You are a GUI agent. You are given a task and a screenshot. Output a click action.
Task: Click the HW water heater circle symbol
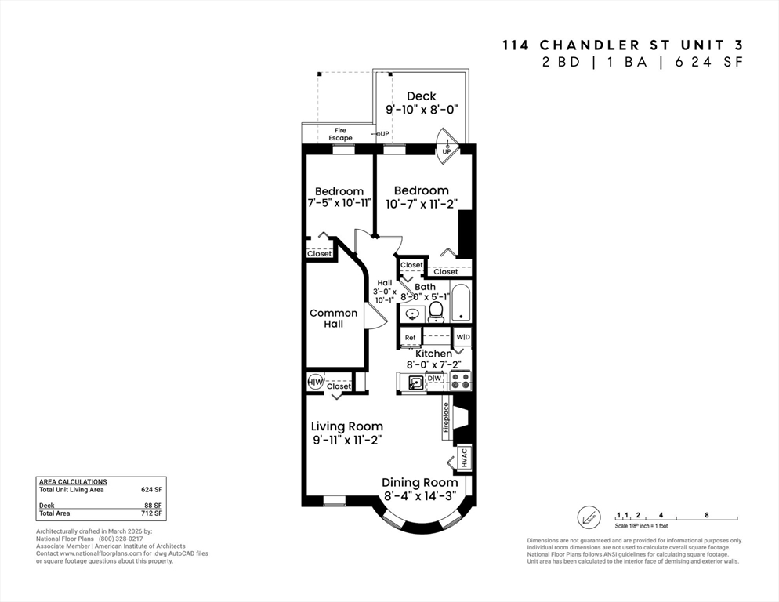(x=315, y=383)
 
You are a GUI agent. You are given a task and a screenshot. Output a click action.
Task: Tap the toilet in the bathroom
(x=437, y=313)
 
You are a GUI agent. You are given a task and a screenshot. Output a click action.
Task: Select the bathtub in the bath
(x=461, y=304)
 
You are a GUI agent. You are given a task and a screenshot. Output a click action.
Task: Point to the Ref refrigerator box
(x=410, y=338)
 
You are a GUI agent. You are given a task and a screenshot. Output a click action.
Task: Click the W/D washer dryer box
(x=463, y=338)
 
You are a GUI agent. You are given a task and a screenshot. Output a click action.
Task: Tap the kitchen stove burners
(x=460, y=381)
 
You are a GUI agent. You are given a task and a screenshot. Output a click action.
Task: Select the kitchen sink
(x=415, y=383)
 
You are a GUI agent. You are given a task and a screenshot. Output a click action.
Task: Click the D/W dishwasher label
(x=435, y=379)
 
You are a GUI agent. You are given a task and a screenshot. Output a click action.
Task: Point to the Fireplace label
(x=447, y=418)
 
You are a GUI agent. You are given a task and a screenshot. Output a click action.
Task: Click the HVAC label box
(x=463, y=457)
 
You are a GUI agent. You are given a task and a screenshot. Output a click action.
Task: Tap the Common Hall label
(x=333, y=318)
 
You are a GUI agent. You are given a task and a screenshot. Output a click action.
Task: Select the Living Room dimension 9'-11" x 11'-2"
(x=346, y=441)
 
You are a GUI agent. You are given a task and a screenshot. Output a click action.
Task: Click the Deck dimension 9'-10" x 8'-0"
(x=421, y=110)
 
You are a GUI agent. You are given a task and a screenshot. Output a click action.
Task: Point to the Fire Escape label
(x=340, y=134)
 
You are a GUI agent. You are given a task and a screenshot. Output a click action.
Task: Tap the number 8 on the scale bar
(x=706, y=515)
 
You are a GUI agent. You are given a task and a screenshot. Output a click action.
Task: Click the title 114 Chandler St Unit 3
(x=621, y=45)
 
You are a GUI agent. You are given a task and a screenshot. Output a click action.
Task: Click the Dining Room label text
(x=419, y=482)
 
